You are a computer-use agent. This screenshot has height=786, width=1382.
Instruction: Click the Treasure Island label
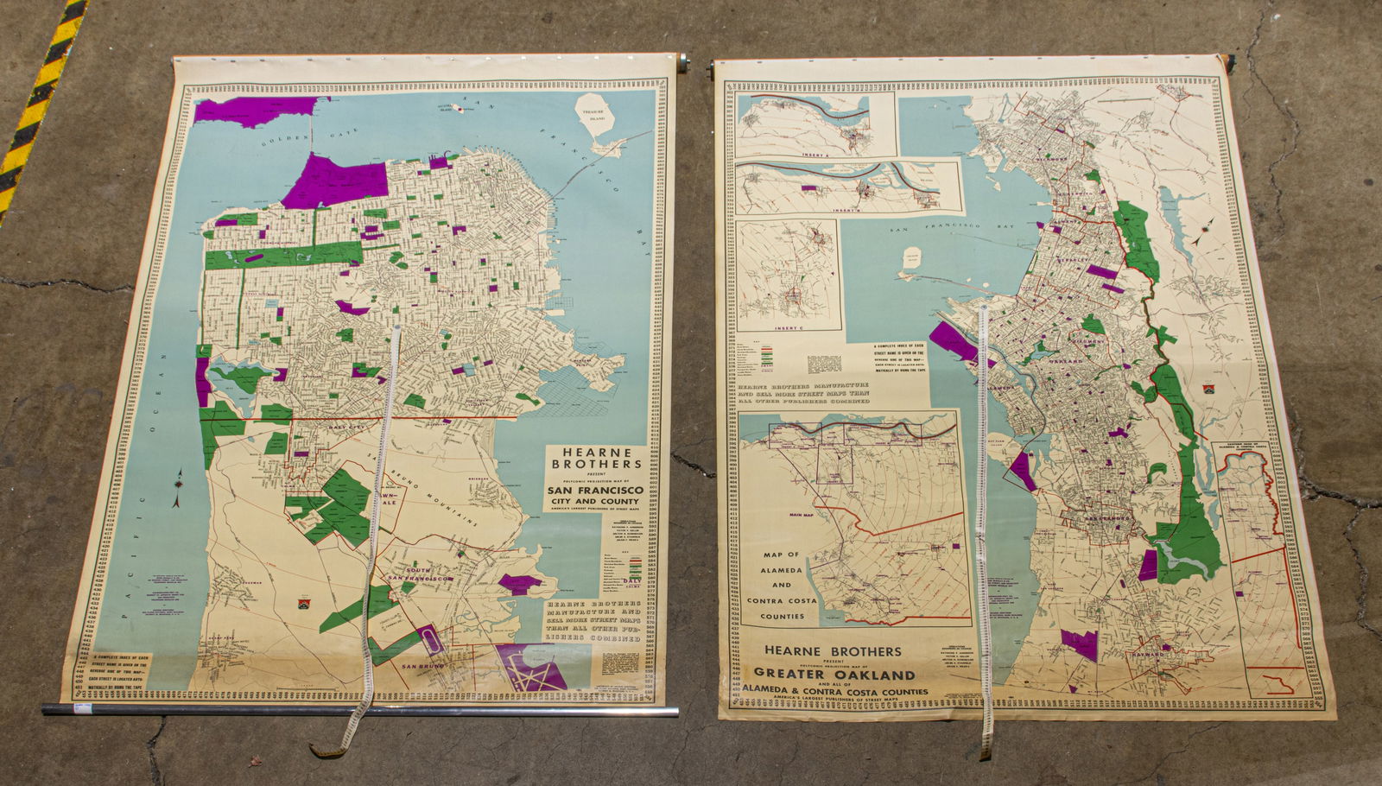point(597,113)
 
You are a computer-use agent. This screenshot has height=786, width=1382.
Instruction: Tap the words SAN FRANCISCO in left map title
point(593,490)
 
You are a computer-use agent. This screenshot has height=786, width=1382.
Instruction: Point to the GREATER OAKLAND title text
point(834,674)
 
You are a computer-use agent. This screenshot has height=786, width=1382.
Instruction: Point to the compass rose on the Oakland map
point(1205,231)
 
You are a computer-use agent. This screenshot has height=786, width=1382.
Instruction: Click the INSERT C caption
point(790,328)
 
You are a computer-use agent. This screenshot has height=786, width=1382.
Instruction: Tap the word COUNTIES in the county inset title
point(782,617)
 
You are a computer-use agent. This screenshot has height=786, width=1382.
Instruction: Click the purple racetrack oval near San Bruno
point(430,640)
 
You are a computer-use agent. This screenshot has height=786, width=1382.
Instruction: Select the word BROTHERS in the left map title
point(591,464)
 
